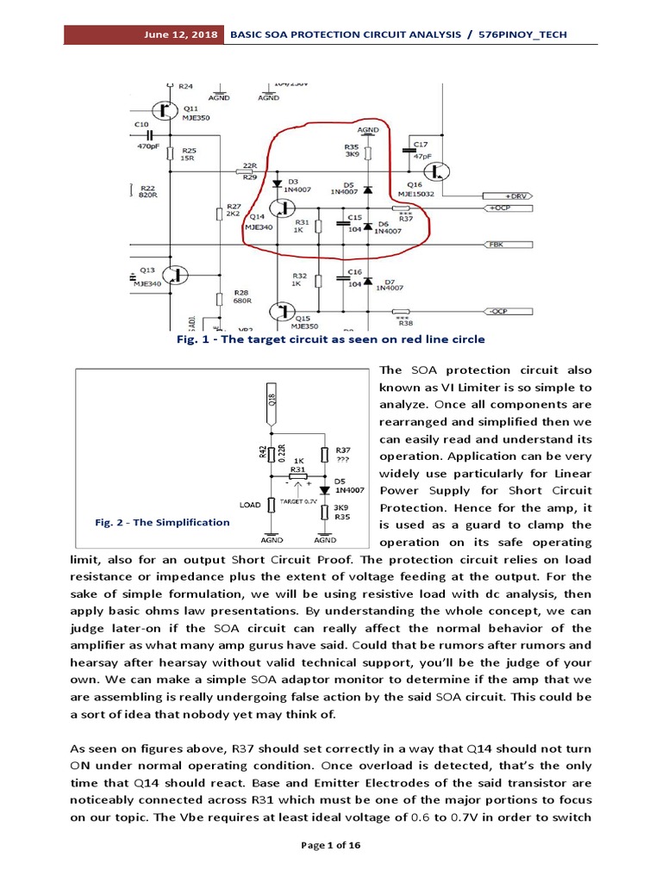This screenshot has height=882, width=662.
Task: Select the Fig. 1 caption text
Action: point(330,339)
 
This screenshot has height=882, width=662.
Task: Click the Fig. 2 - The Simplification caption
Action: point(162,522)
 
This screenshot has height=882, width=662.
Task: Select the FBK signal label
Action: point(496,245)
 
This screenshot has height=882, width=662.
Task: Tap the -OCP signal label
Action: point(498,310)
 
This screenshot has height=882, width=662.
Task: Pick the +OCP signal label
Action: point(501,208)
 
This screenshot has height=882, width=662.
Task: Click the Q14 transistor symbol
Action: point(280,208)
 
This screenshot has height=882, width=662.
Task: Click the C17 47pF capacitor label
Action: point(420,149)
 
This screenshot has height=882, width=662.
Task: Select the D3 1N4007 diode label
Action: point(301,186)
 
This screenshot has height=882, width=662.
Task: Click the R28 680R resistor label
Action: point(240,296)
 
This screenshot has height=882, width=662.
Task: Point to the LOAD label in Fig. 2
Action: point(249,505)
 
